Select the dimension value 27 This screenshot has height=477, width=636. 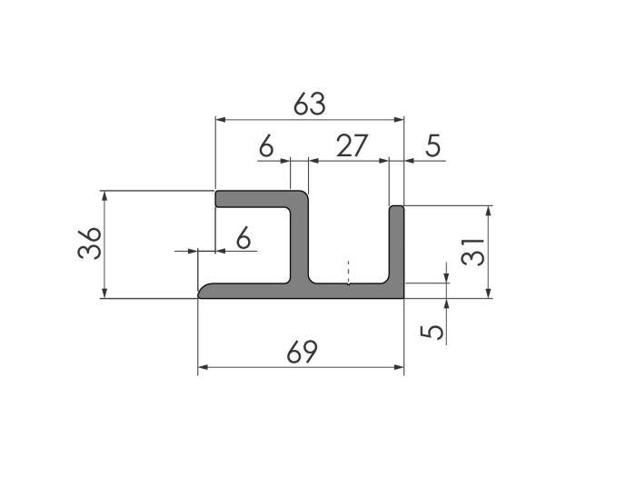click(351, 146)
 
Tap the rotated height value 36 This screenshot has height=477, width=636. click(89, 243)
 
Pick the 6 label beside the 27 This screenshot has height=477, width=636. click(266, 146)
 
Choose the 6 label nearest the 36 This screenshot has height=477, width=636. click(243, 238)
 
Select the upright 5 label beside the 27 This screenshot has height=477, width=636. click(433, 146)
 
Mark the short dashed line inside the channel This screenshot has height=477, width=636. click(348, 273)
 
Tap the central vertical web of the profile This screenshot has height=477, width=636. click(300, 241)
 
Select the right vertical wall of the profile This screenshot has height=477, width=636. click(397, 245)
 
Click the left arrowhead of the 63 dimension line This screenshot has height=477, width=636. click(219, 119)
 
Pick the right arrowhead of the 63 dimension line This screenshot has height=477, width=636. click(398, 119)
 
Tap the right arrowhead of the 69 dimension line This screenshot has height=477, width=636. click(398, 368)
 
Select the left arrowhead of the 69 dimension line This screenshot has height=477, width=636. click(203, 368)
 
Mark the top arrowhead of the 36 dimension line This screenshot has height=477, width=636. click(106, 195)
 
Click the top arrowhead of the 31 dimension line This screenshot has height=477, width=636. click(489, 211)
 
